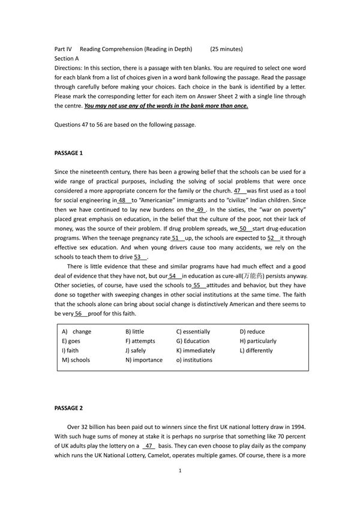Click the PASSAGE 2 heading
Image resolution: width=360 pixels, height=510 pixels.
(68, 408)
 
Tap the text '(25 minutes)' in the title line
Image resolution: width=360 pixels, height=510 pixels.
(227, 49)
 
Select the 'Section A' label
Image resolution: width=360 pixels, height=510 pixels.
(66, 59)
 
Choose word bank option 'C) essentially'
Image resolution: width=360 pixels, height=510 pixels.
(193, 331)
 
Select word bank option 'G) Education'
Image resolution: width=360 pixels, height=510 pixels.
(193, 341)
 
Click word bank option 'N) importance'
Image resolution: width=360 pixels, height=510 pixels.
(144, 360)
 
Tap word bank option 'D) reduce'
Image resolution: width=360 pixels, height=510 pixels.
(252, 331)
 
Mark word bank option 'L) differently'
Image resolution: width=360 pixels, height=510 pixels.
(256, 350)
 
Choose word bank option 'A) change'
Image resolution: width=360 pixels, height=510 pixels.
(77, 331)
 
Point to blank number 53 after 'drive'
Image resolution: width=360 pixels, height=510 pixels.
(140, 257)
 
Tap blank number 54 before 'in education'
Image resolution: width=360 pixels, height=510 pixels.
(175, 276)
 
